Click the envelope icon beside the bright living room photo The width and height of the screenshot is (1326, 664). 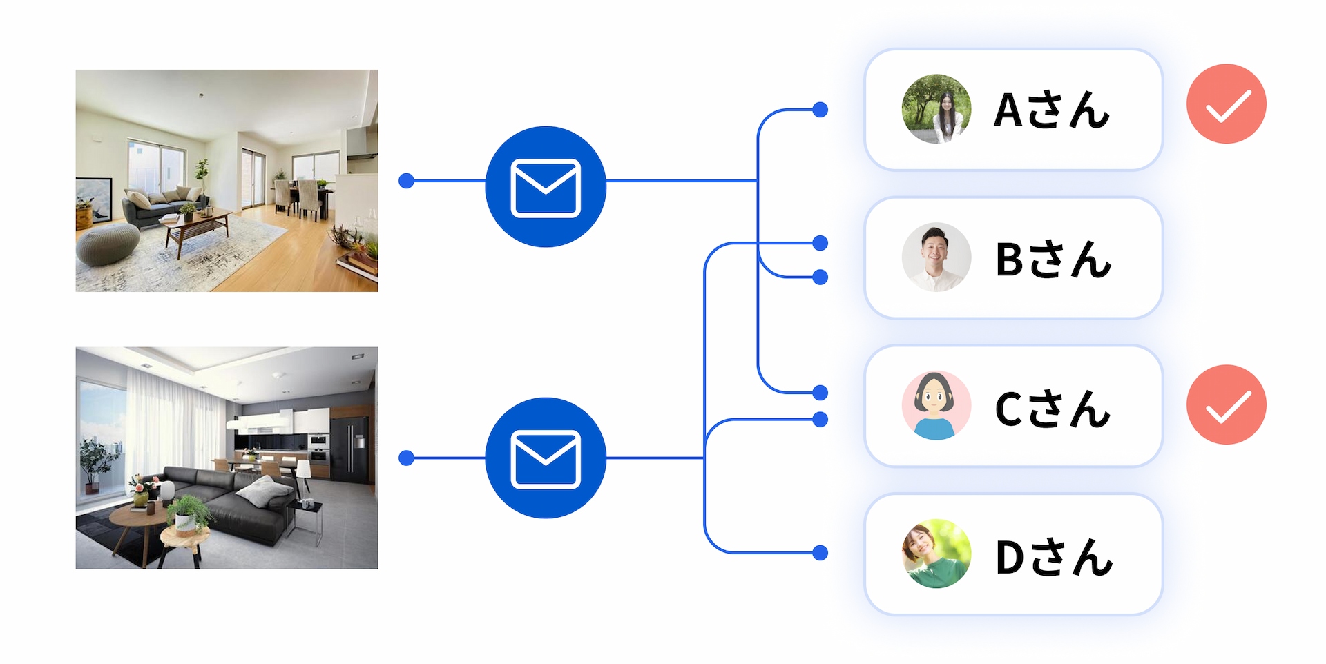click(546, 187)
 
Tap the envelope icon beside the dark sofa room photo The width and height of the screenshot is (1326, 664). click(546, 458)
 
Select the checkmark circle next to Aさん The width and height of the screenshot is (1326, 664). click(1226, 104)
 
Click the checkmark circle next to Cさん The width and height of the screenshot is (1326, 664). click(1226, 404)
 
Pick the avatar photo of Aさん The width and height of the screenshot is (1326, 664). click(936, 109)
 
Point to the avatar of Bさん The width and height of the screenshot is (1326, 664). click(936, 257)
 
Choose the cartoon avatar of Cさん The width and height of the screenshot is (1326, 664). click(936, 406)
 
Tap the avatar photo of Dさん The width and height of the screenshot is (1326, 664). click(936, 554)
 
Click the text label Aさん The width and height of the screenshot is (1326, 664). click(1051, 110)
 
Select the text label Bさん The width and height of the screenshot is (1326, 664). click(1053, 260)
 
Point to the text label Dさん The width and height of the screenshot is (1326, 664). click(1053, 557)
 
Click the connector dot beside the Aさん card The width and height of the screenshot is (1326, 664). click(820, 110)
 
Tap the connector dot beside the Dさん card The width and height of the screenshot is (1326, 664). click(820, 553)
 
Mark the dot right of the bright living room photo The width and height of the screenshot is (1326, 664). click(407, 181)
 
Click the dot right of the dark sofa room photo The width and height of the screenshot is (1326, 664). click(407, 458)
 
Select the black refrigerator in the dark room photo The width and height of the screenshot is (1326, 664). click(351, 449)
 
